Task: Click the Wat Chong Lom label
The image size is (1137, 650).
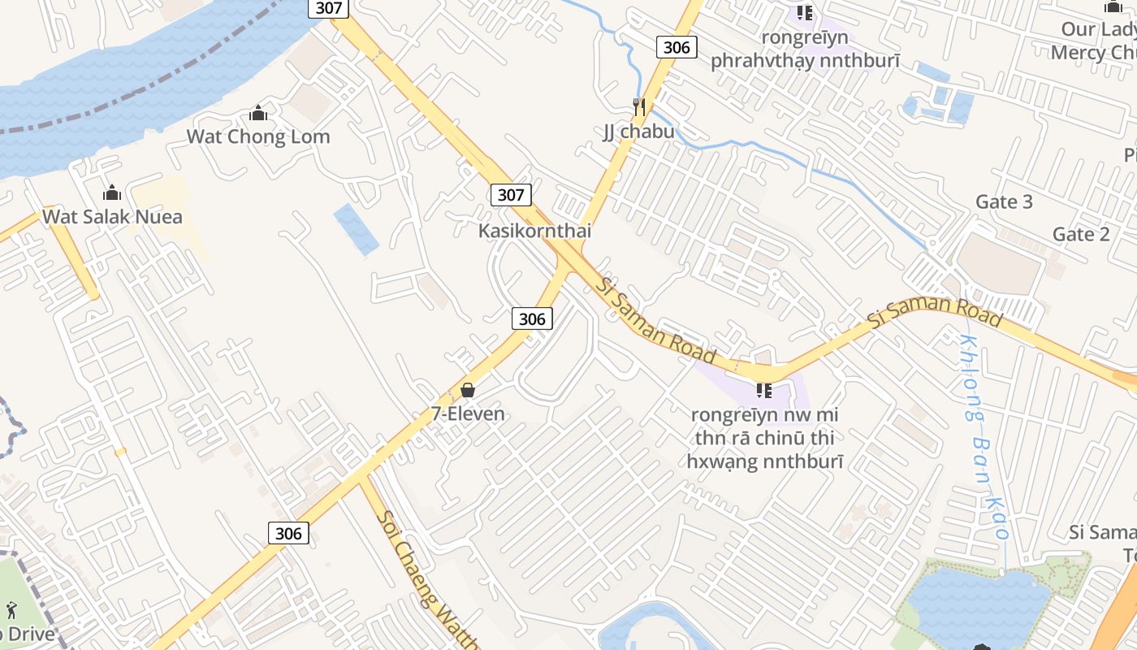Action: coord(258,136)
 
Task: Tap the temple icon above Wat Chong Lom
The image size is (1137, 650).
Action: coord(258,113)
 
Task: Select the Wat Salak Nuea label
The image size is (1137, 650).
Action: coord(112,217)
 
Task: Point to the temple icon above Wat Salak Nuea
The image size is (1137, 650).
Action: coord(112,193)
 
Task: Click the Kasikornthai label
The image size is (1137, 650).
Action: coord(534,231)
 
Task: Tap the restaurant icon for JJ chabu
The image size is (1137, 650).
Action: coord(639,107)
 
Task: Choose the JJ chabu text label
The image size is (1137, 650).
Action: coord(638,131)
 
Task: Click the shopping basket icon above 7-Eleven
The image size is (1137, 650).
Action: coord(468,390)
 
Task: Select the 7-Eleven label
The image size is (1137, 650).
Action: coord(468,414)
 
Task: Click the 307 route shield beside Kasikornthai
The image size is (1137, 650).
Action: coord(511,195)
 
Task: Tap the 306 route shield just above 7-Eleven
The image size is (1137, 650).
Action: coord(532,318)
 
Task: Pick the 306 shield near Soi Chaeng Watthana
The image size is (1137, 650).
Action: coord(288,533)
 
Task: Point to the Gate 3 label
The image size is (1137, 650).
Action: coord(1004,201)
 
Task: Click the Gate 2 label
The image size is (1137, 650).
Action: coord(1081,234)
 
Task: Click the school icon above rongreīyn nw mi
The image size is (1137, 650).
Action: coord(763,391)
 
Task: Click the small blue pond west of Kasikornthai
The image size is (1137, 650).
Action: coord(356,229)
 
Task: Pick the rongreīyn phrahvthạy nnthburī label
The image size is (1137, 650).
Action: coord(805,50)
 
